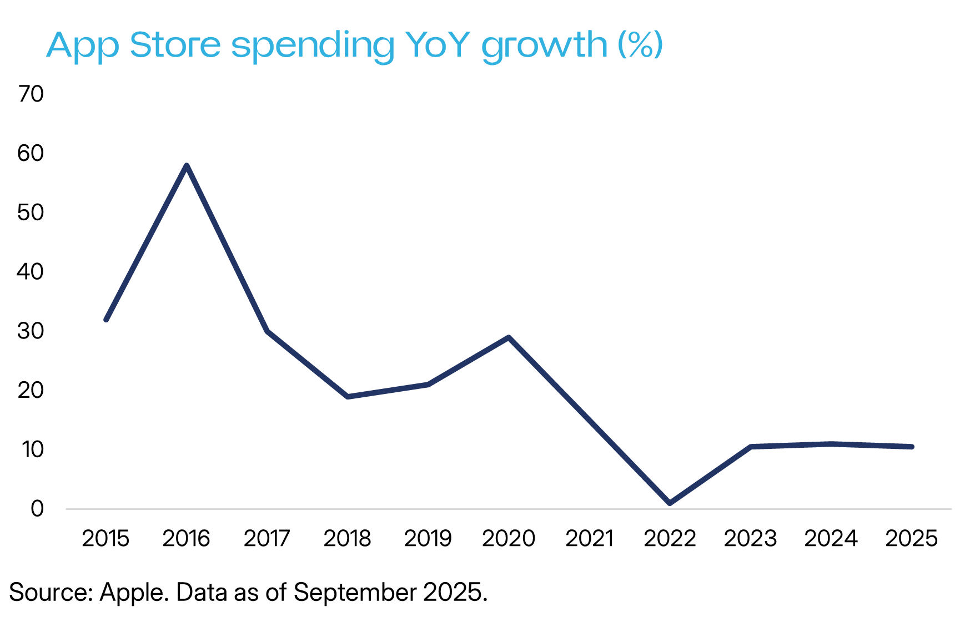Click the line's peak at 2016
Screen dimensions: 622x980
187,165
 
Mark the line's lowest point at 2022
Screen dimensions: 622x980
670,503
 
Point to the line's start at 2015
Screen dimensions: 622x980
106,320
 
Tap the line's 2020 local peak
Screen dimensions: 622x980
509,337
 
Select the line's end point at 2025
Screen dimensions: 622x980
912,447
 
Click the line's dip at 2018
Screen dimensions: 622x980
348,397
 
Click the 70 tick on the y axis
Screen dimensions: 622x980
31,94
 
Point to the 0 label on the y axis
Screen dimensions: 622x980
37,508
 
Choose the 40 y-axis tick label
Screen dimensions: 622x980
31,272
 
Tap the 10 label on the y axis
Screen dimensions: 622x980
32,449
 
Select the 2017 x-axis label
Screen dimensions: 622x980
267,538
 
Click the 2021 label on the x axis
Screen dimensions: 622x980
589,538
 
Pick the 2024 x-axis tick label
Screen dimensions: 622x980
831,538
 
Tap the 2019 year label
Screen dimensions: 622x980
428,538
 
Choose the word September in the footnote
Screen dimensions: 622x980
355,592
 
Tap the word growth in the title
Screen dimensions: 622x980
544,45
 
